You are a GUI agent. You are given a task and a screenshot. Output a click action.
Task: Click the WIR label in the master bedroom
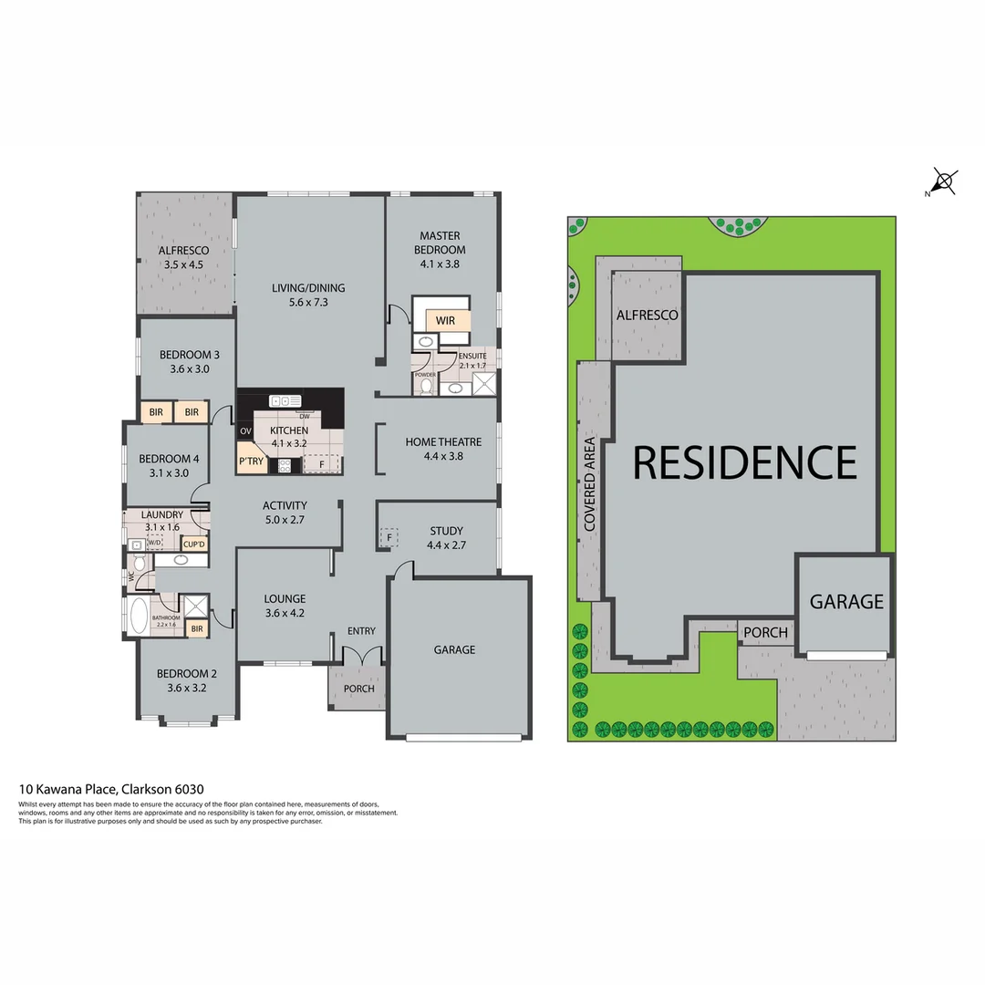click(445, 321)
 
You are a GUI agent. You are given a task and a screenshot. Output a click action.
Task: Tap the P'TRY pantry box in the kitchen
click(252, 461)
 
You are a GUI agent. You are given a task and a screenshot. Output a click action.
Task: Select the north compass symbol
click(943, 181)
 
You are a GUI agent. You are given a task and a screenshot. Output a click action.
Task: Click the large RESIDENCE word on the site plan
click(744, 462)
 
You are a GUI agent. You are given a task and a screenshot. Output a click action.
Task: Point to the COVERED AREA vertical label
click(590, 484)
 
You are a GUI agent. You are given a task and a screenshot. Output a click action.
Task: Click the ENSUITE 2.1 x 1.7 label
click(472, 360)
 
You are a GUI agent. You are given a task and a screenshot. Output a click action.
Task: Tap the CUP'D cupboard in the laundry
click(194, 544)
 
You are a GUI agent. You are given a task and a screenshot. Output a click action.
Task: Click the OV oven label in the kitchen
click(245, 431)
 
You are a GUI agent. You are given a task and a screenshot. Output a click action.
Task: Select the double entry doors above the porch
click(362, 656)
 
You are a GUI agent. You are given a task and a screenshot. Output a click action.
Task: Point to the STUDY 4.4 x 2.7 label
click(446, 538)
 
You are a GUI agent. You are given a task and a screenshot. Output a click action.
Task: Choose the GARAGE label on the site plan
click(846, 602)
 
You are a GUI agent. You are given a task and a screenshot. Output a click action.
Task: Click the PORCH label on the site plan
click(765, 633)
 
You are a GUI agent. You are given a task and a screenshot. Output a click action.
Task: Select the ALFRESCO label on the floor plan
click(183, 257)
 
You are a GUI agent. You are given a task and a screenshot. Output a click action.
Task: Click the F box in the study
click(389, 536)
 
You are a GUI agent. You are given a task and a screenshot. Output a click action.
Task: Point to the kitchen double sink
click(285, 400)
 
